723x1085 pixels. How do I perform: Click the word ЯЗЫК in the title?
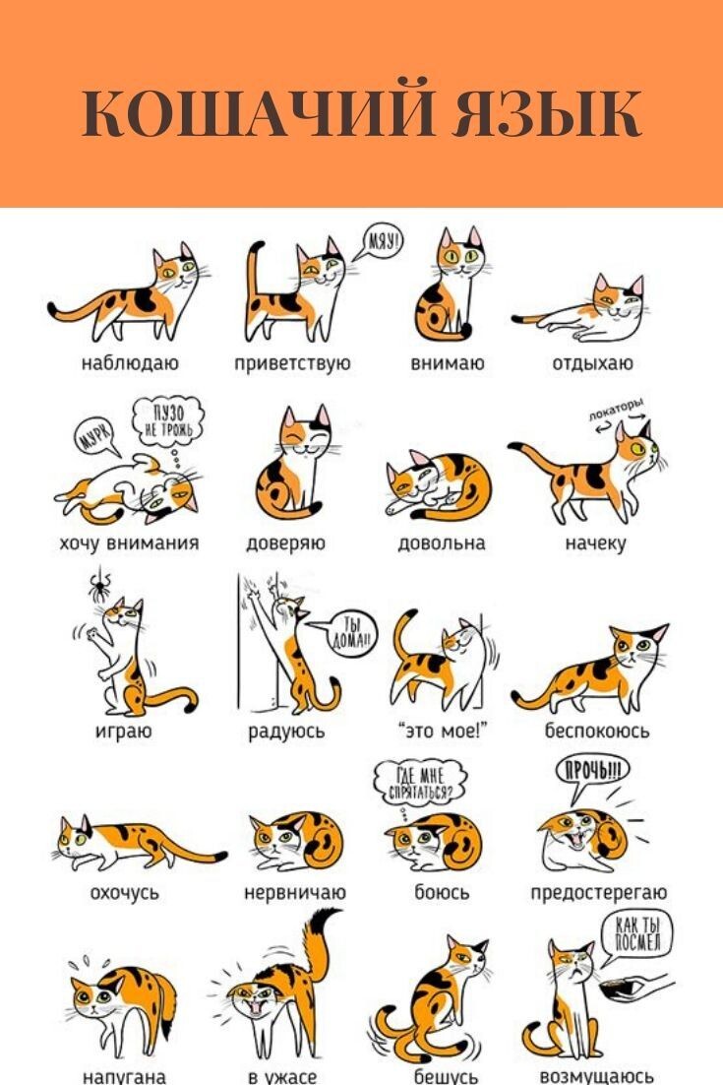[547, 113]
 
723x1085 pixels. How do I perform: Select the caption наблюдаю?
[130, 362]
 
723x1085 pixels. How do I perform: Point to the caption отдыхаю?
[592, 362]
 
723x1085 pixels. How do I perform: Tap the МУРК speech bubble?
[96, 437]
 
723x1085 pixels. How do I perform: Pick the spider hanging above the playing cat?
[99, 588]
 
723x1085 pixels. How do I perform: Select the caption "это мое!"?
[443, 730]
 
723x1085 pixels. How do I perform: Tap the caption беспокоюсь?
[596, 730]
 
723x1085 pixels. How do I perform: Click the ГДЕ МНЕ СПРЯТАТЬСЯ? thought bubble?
[420, 783]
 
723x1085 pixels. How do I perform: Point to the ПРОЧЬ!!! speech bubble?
[593, 772]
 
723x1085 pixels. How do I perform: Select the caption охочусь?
[124, 893]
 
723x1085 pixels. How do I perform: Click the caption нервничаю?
[295, 893]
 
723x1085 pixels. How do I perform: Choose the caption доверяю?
[285, 543]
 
